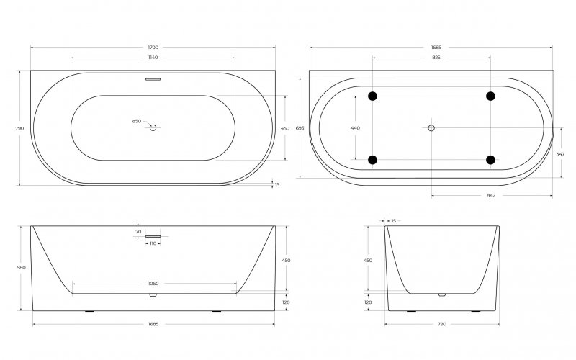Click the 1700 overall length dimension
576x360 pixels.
coord(153,48)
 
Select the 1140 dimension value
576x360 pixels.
coord(153,58)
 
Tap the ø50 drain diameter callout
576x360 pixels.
coord(137,121)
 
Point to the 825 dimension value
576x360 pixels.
coord(436,58)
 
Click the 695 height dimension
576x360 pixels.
coord(300,128)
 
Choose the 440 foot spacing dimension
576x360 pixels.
coord(355,128)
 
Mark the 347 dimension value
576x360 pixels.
coord(560,154)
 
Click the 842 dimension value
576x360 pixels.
coord(491,195)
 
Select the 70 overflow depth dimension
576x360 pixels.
coord(138,232)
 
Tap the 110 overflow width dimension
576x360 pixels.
coord(153,243)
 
